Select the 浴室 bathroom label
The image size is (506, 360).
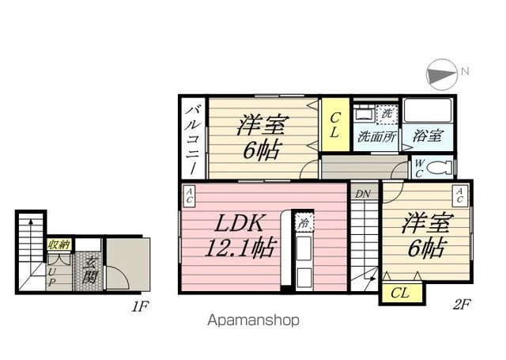point(427,136)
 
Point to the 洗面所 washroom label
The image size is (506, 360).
point(376,136)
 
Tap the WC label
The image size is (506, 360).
point(420,167)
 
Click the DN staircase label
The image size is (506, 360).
point(363,194)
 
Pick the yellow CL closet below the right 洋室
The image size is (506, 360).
point(400,293)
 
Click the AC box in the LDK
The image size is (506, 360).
point(190,195)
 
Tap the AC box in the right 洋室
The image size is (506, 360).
point(459,195)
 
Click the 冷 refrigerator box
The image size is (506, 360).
point(304,224)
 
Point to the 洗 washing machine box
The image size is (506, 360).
point(387,114)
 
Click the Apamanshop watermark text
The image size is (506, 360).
point(253,321)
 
